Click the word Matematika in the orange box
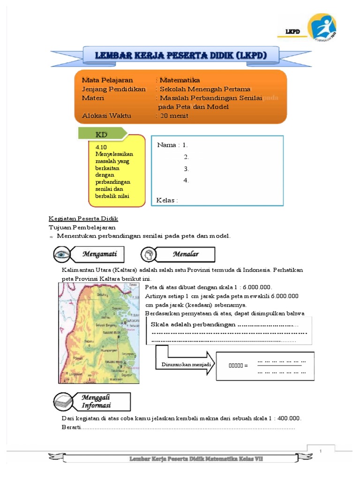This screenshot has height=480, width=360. tap(180, 80)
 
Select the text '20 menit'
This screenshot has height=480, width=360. tap(174, 116)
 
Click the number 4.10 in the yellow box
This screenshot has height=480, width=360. tap(101, 147)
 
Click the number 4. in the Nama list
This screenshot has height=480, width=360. tap(186, 180)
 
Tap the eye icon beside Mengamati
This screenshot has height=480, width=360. tap(61, 255)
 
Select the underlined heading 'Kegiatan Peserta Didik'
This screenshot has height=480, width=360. tap(83, 219)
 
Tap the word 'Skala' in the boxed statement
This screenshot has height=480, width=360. tap(159, 325)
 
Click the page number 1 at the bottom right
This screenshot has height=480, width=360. tap(321, 451)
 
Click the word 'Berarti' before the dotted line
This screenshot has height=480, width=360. tap(71, 427)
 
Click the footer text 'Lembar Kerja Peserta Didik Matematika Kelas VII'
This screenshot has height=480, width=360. tap(196, 458)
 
